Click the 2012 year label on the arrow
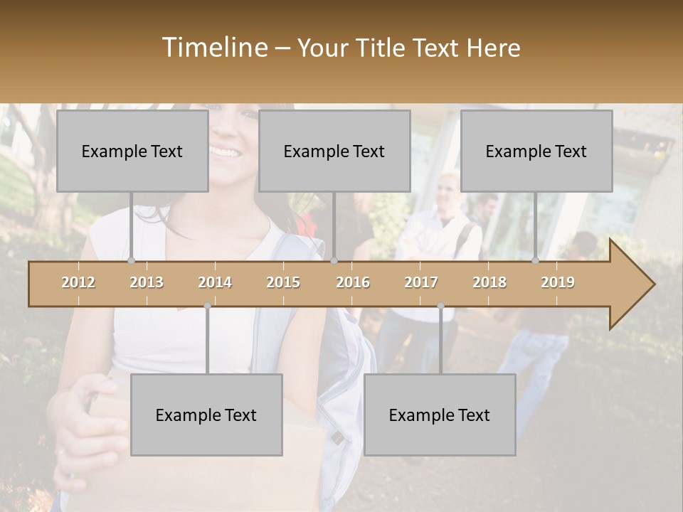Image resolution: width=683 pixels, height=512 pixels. [x=78, y=282]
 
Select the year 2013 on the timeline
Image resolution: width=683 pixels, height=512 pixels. [x=147, y=282]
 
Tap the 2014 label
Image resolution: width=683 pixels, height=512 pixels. [x=215, y=282]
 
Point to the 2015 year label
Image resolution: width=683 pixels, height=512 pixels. [x=283, y=282]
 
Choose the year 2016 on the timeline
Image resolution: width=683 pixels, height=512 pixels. [x=353, y=282]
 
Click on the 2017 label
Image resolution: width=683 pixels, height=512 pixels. [x=421, y=282]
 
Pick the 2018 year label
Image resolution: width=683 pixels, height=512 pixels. [x=489, y=282]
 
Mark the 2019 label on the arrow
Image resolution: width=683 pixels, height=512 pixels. [x=558, y=282]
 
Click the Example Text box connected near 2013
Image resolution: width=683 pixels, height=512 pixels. [x=132, y=151]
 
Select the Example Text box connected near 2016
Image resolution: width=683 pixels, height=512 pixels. [x=334, y=151]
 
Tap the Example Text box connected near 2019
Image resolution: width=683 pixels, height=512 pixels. [x=536, y=151]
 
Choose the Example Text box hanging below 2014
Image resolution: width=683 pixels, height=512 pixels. [x=206, y=415]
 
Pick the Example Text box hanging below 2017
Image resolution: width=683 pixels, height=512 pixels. [x=440, y=415]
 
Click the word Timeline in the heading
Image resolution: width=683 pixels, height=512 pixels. [x=214, y=48]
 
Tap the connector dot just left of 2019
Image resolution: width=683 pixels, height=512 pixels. [x=536, y=261]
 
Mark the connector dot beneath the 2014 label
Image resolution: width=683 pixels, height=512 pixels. [x=207, y=306]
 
